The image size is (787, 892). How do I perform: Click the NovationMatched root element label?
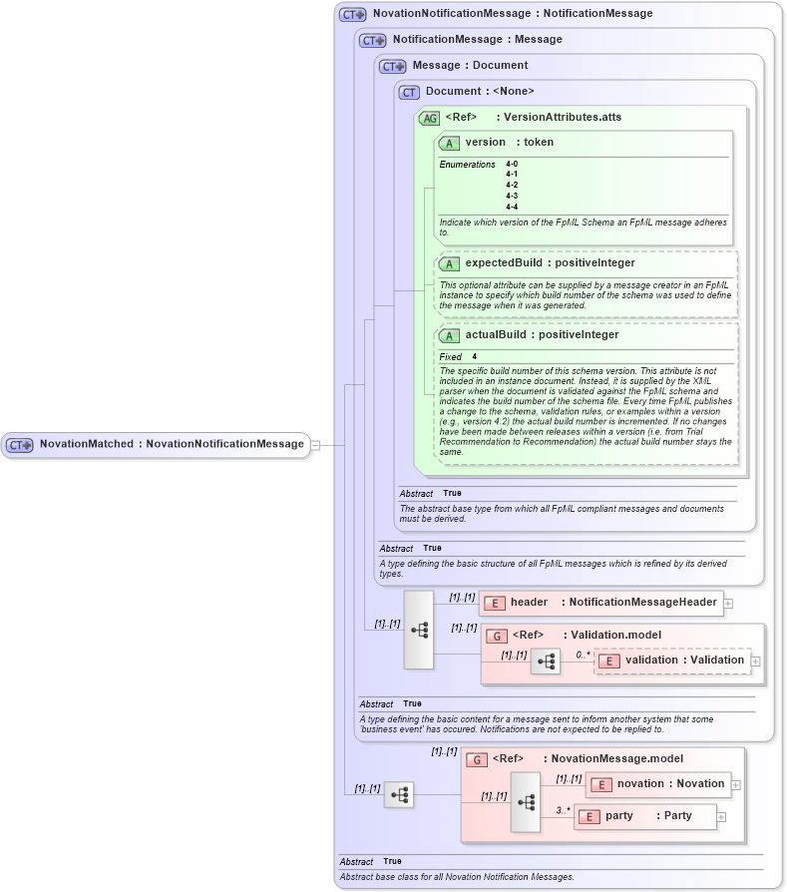pos(171,444)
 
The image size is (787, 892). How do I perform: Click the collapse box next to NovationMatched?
pos(315,445)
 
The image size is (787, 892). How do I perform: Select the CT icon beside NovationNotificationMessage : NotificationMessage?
pos(352,14)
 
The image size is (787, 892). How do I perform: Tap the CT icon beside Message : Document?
pos(392,66)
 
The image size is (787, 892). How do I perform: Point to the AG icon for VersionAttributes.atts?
pos(429,118)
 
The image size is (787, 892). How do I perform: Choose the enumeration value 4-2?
pos(512,185)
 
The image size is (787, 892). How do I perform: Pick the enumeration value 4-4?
pos(512,207)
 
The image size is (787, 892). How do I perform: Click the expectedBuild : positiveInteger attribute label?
pos(550,263)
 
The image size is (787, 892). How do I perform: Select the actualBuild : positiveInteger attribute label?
pos(542,335)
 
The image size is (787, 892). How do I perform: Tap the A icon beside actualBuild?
pos(449,335)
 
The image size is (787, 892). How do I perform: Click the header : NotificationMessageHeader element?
pos(612,603)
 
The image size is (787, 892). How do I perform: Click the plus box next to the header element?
pos(728,604)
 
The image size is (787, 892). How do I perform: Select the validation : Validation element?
pos(684,660)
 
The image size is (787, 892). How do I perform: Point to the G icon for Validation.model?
pos(496,636)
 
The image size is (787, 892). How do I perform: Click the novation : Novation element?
pos(669,784)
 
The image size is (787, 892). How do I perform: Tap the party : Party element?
pos(648,816)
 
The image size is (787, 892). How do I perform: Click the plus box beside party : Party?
pos(721,817)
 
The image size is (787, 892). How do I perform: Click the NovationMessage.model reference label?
pos(603,759)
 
